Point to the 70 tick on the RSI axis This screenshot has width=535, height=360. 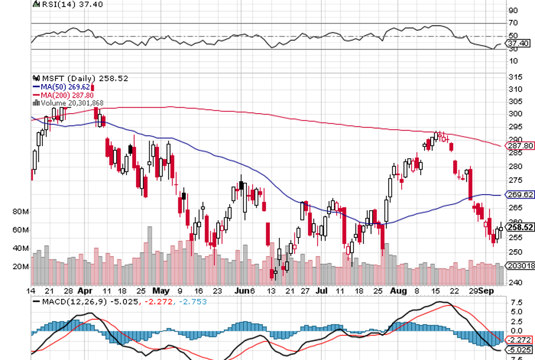pyautogui.click(x=513, y=23)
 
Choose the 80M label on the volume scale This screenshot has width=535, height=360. pyautogui.click(x=20, y=211)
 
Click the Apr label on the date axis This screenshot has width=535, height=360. pyautogui.click(x=85, y=290)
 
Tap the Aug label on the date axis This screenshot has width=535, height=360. pyautogui.click(x=398, y=290)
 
